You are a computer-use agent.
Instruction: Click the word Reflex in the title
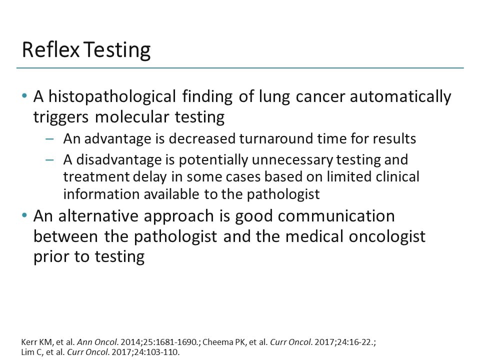coord(51,50)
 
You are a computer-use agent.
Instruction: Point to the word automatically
coord(400,96)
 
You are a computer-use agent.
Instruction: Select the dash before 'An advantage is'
coord(49,138)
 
